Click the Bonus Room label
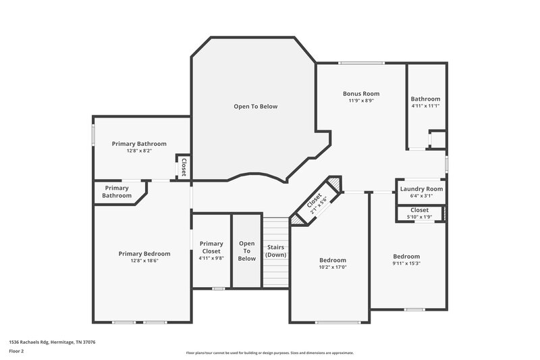pyautogui.click(x=361, y=94)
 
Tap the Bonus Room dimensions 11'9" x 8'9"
pyautogui.click(x=361, y=101)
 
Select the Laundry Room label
pyautogui.click(x=421, y=188)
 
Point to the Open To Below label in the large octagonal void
pyautogui.click(x=255, y=106)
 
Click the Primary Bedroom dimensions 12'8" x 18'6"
pyautogui.click(x=144, y=261)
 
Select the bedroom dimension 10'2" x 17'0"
pyautogui.click(x=333, y=267)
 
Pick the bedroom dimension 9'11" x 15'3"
pyautogui.click(x=406, y=263)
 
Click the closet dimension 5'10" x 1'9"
pyautogui.click(x=419, y=217)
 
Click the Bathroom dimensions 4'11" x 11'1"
pyautogui.click(x=425, y=105)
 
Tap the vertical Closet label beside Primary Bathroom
pyautogui.click(x=183, y=166)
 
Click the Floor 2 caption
pyautogui.click(x=17, y=352)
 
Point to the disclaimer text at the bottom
pyautogui.click(x=270, y=353)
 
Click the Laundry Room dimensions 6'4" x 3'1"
pyautogui.click(x=421, y=196)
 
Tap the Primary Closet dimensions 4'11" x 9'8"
pyautogui.click(x=211, y=258)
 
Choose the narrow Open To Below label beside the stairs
pyautogui.click(x=246, y=251)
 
